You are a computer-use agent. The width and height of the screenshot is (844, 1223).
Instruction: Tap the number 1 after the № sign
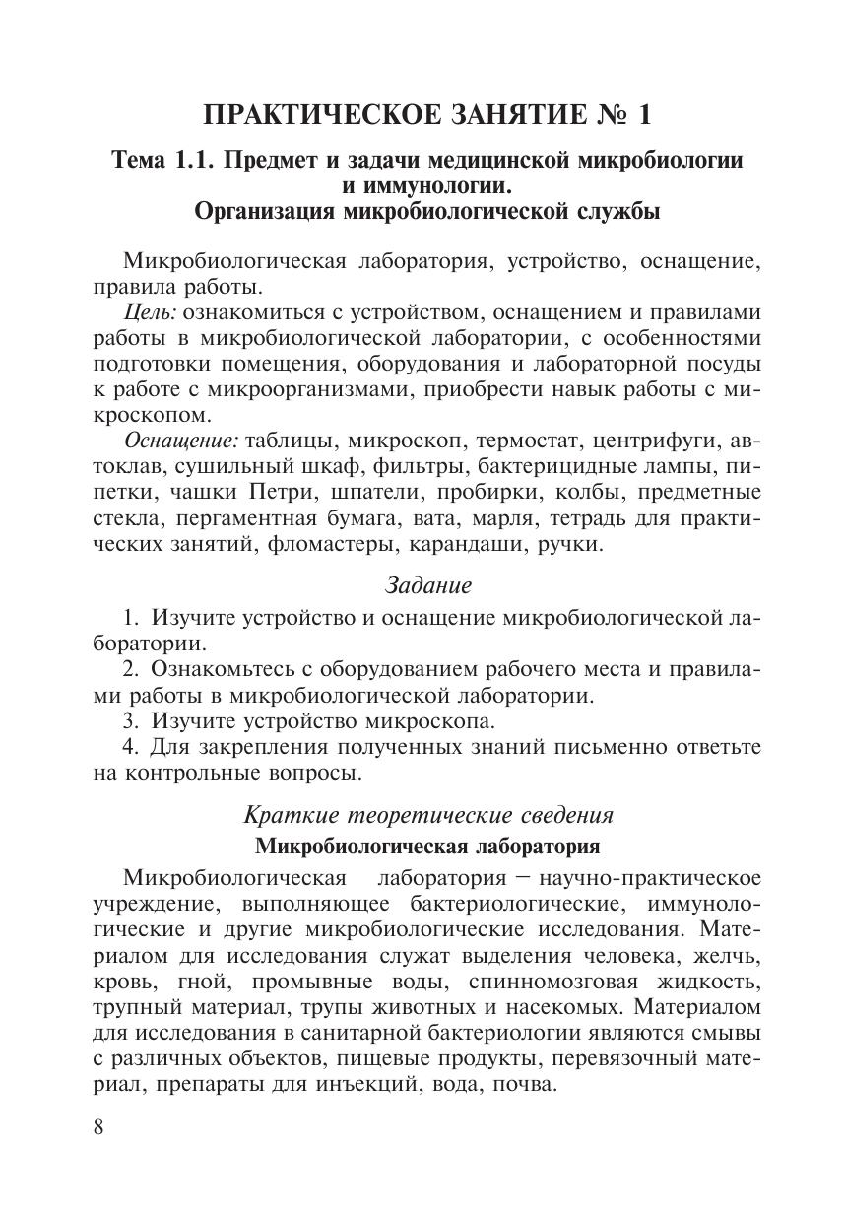point(644,115)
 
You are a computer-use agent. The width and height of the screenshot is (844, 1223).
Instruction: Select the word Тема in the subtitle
point(140,160)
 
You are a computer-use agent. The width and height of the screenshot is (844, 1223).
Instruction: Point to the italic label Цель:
point(151,312)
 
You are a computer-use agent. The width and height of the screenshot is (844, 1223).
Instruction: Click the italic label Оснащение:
point(182,441)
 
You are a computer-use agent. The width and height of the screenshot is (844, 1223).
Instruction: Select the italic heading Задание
point(427,585)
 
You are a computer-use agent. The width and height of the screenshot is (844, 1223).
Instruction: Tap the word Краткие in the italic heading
point(288,816)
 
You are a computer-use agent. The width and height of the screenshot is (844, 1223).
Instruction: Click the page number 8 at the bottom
point(98,1127)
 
